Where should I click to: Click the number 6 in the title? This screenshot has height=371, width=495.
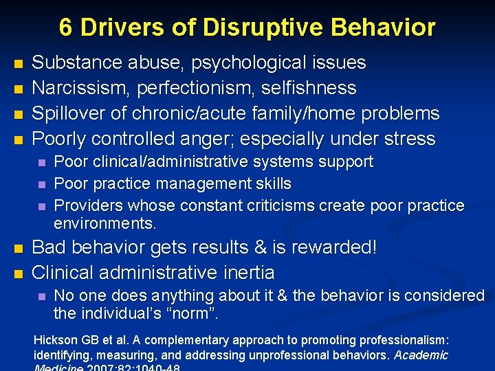[x=66, y=27]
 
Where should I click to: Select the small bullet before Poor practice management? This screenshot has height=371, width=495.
[x=41, y=184]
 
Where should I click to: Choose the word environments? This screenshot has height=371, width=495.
[x=105, y=224]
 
